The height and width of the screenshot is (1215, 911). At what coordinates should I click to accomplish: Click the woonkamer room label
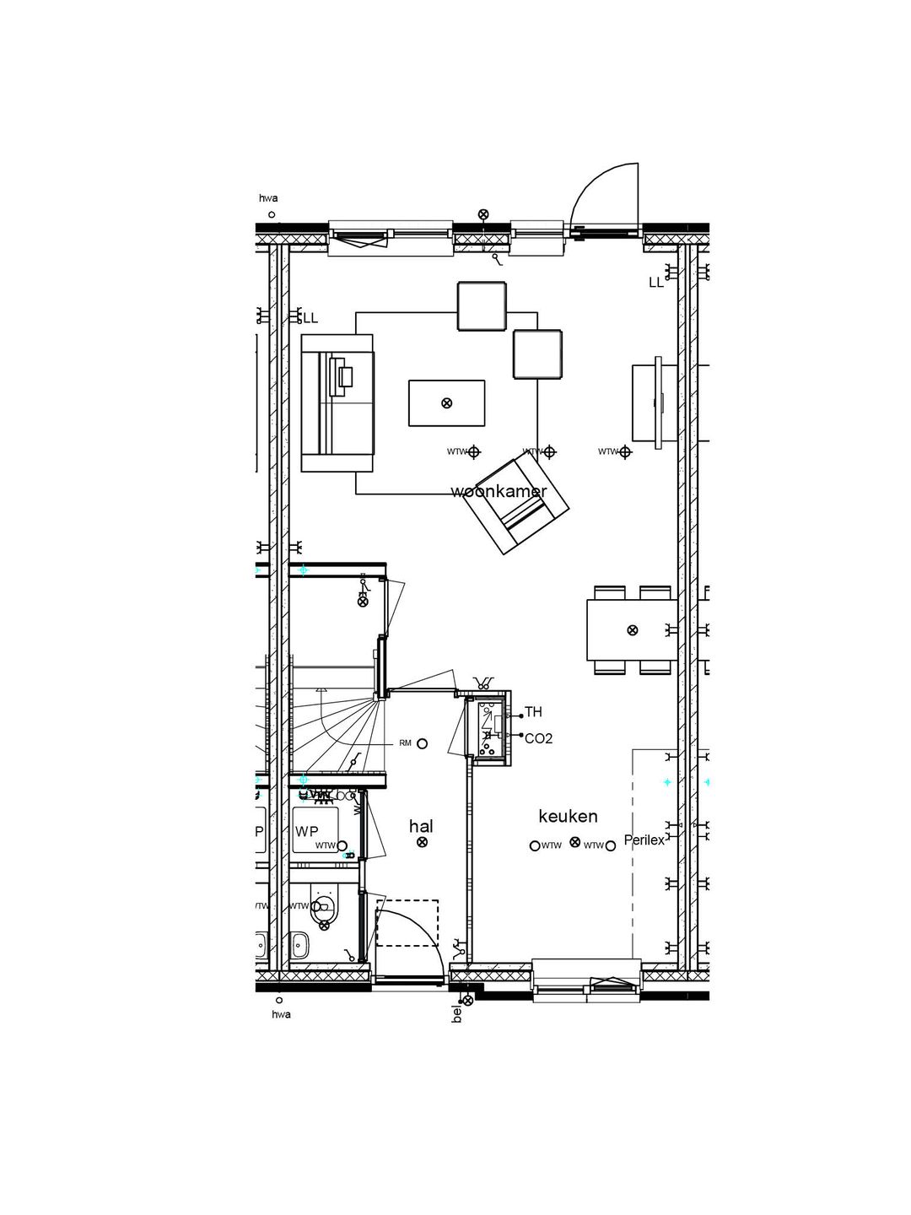tap(499, 491)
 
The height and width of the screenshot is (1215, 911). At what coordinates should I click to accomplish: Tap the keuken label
tap(568, 816)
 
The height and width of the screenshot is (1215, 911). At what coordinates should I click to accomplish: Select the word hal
tap(421, 826)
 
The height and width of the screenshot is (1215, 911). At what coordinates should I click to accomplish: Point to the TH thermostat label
tap(533, 712)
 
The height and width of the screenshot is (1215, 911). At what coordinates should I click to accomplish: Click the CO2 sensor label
tap(538, 738)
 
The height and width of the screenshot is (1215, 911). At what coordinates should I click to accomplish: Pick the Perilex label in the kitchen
tap(644, 840)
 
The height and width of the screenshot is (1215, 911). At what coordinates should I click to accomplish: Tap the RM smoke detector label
tap(405, 743)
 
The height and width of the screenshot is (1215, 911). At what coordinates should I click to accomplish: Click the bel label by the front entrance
tap(457, 1013)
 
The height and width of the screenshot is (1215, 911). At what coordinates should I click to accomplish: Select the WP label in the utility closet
tap(307, 831)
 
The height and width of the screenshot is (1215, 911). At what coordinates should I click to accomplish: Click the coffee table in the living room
tap(446, 403)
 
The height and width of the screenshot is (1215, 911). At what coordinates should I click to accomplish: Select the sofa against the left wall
tap(337, 402)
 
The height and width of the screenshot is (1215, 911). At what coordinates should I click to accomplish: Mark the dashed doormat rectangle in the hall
tap(407, 922)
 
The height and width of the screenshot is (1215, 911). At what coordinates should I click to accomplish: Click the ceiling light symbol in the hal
tap(422, 842)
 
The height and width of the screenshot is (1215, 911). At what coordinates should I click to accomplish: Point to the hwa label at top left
tap(268, 199)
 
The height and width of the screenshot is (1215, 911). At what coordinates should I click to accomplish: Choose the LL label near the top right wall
tap(655, 283)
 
